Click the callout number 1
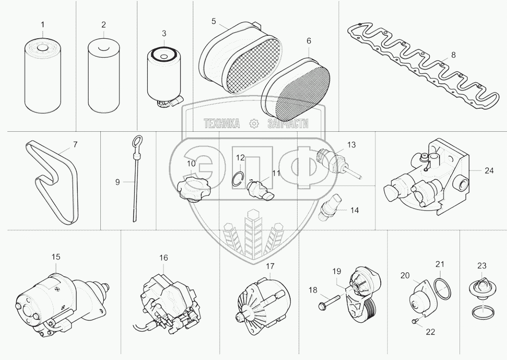pyautogui.click(x=42, y=24)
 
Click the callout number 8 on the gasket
pyautogui.click(x=453, y=55)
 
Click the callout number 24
pyautogui.click(x=489, y=170)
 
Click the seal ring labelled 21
pyautogui.click(x=443, y=288)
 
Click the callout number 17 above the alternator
pyautogui.click(x=270, y=266)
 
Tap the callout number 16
pyautogui.click(x=163, y=257)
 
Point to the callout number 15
pyautogui.click(x=56, y=256)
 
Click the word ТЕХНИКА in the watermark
pyautogui.click(x=222, y=124)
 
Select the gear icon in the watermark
pyautogui.click(x=253, y=124)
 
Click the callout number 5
pyautogui.click(x=214, y=21)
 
